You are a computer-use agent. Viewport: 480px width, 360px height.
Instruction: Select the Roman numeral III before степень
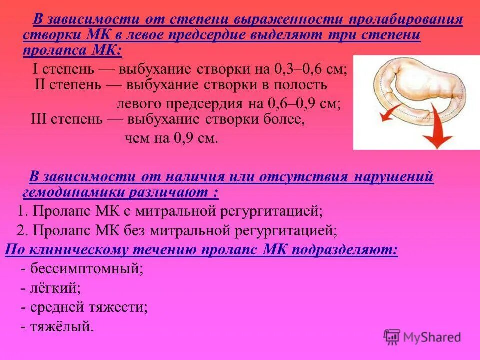40,120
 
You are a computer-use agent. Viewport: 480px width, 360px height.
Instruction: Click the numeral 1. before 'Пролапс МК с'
22,211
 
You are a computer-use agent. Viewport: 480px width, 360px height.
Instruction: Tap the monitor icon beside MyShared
392,336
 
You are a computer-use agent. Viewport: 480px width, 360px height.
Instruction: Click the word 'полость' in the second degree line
303,84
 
